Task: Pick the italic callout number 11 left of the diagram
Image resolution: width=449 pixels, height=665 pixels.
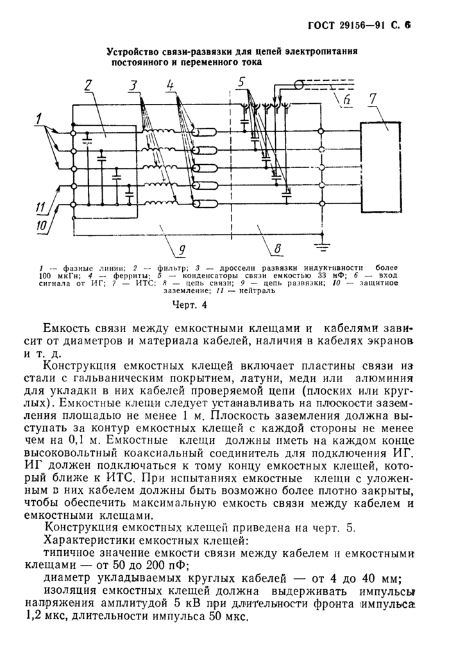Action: pyautogui.click(x=39, y=206)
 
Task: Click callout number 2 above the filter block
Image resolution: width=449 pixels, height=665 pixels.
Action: pyautogui.click(x=89, y=87)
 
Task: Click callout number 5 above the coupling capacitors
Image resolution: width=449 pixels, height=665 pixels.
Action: pyautogui.click(x=241, y=82)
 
